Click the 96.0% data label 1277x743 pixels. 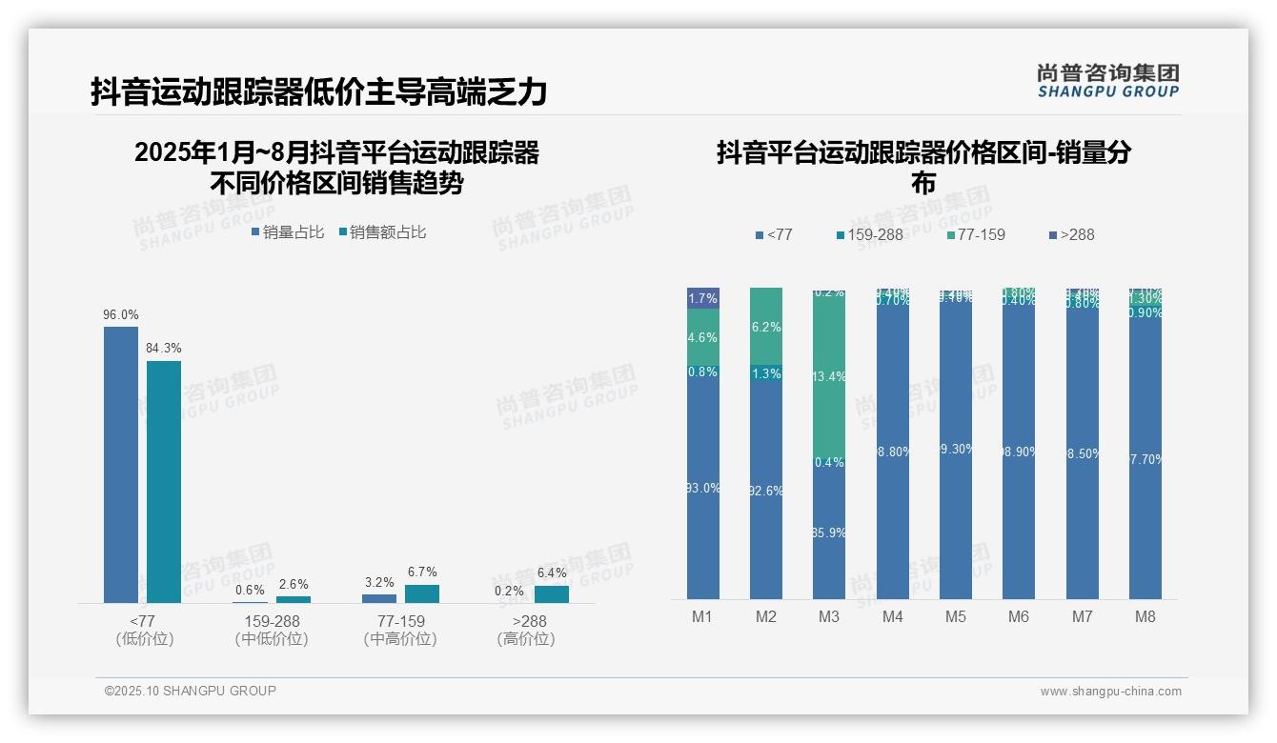click(x=121, y=314)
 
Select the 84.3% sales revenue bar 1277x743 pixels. click(x=164, y=481)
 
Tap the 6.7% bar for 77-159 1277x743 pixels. click(x=422, y=593)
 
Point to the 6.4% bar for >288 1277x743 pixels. click(x=551, y=593)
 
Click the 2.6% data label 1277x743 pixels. click(x=293, y=584)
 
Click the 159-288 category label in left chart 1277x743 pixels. click(x=272, y=621)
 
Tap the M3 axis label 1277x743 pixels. click(x=829, y=616)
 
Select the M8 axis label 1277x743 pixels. click(x=1145, y=616)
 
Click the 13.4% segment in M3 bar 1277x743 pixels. click(x=829, y=376)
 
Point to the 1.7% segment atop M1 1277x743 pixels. click(x=703, y=298)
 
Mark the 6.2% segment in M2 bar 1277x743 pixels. click(x=766, y=327)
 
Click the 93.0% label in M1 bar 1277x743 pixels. click(x=703, y=488)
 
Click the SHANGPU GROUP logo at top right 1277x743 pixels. click(x=1107, y=80)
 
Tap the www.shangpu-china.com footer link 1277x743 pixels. click(x=1110, y=692)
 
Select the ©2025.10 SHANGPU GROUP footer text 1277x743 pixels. click(x=191, y=691)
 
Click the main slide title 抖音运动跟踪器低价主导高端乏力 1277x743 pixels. click(x=319, y=92)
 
